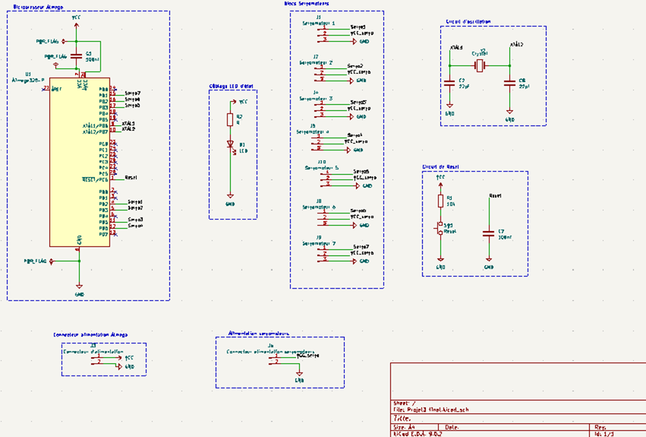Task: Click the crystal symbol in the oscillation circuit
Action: pyautogui.click(x=480, y=66)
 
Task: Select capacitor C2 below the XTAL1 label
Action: pyautogui.click(x=449, y=83)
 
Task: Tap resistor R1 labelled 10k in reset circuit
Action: pyautogui.click(x=440, y=201)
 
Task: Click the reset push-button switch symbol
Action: pyautogui.click(x=440, y=228)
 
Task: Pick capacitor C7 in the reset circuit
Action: pyautogui.click(x=488, y=233)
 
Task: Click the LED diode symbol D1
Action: pyautogui.click(x=230, y=144)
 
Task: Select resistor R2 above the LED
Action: pyautogui.click(x=230, y=120)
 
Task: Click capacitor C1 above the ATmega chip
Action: pyautogui.click(x=76, y=57)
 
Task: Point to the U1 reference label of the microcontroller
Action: pyautogui.click(x=27, y=74)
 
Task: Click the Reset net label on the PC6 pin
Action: pyautogui.click(x=131, y=177)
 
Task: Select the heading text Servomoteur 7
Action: pyautogui.click(x=319, y=243)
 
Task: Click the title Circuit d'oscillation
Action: pyautogui.click(x=468, y=22)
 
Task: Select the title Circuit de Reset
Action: pyautogui.click(x=441, y=166)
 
